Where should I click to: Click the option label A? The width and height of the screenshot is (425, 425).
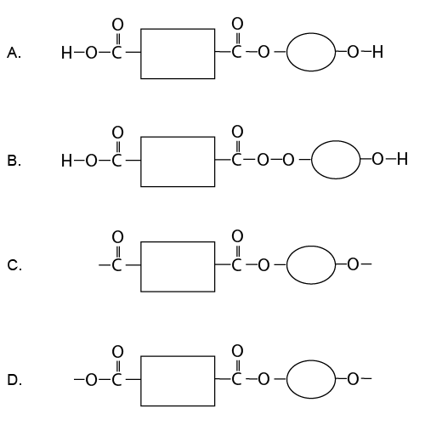click(x=14, y=54)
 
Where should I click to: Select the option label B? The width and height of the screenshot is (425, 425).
click(x=14, y=160)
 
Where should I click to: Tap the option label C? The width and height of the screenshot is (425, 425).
click(x=14, y=266)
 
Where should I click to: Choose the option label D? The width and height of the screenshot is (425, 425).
click(x=14, y=380)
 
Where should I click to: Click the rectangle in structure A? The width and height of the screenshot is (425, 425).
click(x=177, y=54)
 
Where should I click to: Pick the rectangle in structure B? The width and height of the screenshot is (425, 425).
click(x=177, y=160)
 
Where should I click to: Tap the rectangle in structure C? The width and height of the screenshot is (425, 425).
click(x=177, y=266)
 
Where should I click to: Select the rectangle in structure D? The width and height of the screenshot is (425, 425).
click(x=177, y=380)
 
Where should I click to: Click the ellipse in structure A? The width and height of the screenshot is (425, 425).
click(x=311, y=54)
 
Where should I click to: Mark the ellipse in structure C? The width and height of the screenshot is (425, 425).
click(x=311, y=266)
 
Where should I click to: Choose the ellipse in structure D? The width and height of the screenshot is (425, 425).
click(x=311, y=380)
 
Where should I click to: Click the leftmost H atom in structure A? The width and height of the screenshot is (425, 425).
click(x=67, y=54)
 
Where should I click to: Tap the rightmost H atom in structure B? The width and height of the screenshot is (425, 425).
click(x=402, y=160)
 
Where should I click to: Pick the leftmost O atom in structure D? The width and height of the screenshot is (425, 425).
click(x=92, y=380)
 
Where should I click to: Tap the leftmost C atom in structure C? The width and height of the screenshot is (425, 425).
click(x=117, y=266)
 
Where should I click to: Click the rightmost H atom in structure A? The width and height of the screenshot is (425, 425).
click(x=377, y=54)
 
